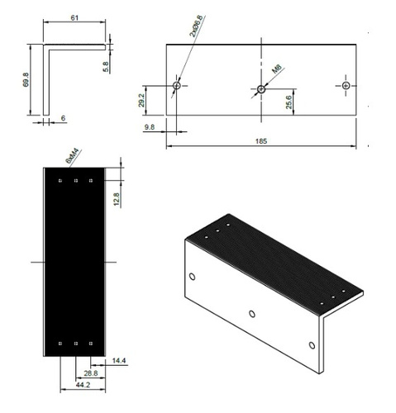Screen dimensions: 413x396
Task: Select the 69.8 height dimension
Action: pos(27,80)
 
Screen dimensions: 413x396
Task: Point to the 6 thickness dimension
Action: pos(64,119)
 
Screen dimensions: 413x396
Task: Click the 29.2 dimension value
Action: pos(141,100)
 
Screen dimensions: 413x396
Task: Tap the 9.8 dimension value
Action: pos(150,128)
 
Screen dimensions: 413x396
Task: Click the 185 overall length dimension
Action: pos(261,142)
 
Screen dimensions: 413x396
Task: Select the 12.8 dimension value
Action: pos(117,199)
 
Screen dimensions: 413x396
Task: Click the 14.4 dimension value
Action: pos(118,359)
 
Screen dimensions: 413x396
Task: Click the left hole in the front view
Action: pos(176,85)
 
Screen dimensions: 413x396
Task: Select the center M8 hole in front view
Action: pos(260,88)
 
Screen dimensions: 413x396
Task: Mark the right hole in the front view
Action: pos(346,85)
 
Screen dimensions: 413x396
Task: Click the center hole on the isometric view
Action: pos(251,313)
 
